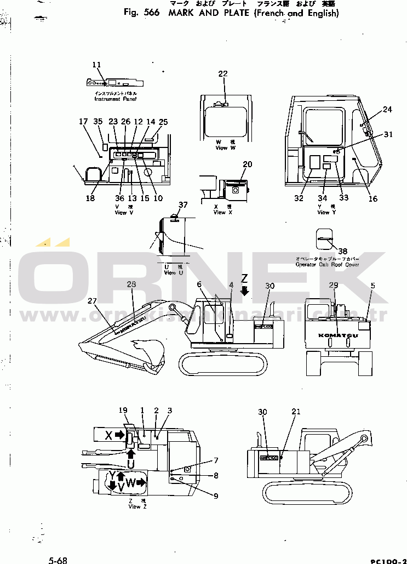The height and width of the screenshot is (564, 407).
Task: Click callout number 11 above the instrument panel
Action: click(x=97, y=65)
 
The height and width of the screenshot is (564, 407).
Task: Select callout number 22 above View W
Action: click(x=222, y=75)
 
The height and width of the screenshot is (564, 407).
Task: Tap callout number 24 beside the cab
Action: click(x=387, y=110)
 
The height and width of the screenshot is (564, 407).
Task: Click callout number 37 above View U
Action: click(x=182, y=205)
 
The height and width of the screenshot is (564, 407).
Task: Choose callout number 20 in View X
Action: click(x=248, y=164)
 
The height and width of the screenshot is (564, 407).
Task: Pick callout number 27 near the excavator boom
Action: click(x=91, y=300)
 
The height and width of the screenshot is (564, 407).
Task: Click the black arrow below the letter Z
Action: click(x=245, y=291)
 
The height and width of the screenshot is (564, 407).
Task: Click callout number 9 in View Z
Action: click(x=216, y=497)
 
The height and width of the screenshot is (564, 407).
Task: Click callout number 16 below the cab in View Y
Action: click(x=373, y=199)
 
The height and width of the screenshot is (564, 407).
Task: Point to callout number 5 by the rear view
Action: click(x=372, y=286)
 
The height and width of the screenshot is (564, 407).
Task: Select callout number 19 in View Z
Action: click(x=123, y=411)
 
